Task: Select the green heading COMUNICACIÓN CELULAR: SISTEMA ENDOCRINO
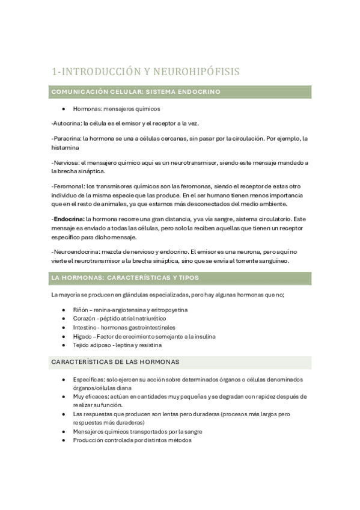click(x=136, y=92)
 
